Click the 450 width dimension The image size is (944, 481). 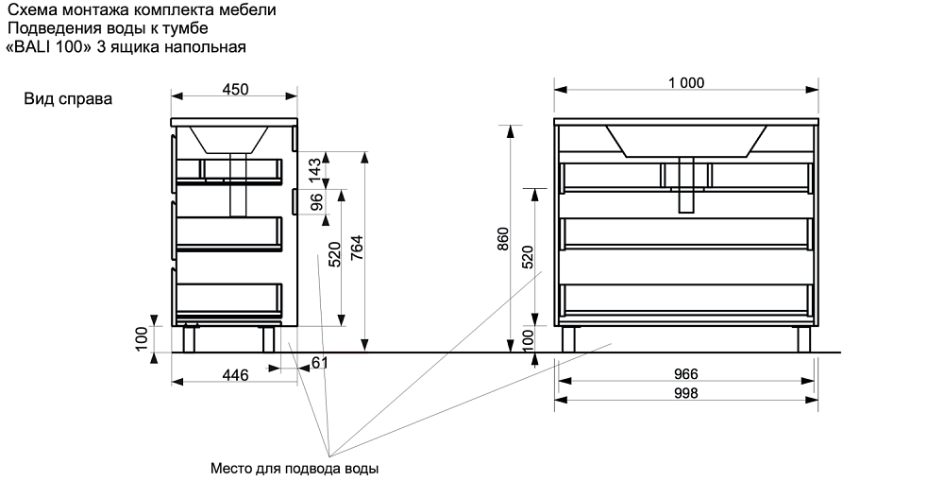pos(234,90)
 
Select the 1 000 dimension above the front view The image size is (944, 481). pos(685,82)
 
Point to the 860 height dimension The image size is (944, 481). pos(503,241)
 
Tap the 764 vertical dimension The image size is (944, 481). pos(357,248)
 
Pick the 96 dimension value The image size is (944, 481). pos(316,202)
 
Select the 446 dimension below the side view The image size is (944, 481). pos(234,375)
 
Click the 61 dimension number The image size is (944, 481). pos(319,363)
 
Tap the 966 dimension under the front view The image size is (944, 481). pos(686,374)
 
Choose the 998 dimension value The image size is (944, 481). pos(686,393)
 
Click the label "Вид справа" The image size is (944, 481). pos(68,98)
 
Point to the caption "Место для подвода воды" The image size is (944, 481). pos(295,468)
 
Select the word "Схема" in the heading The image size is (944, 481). pos(30,11)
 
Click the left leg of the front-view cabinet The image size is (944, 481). pos(569,339)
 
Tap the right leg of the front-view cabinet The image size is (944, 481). pos(803,339)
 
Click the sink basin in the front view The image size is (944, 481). pos(685,140)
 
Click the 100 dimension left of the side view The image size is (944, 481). pos(143,338)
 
